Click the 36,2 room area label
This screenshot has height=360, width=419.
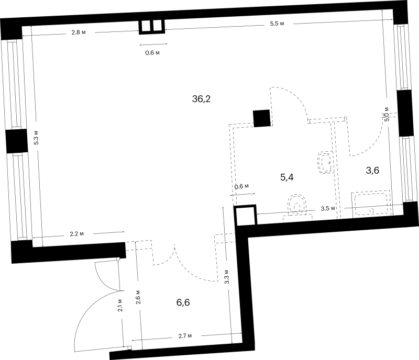(x=201, y=99)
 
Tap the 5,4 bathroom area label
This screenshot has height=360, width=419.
(x=286, y=177)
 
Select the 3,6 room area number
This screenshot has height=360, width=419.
(x=372, y=170)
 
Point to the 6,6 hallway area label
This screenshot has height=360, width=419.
(x=183, y=302)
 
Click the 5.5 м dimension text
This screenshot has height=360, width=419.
(x=277, y=24)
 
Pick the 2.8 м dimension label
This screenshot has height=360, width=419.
(x=78, y=32)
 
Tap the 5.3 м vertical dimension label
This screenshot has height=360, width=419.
(x=36, y=138)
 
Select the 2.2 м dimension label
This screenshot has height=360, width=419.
(x=76, y=234)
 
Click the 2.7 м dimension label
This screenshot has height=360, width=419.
(x=185, y=336)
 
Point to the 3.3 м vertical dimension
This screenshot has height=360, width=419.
(x=227, y=277)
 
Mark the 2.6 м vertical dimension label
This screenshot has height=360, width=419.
(x=138, y=297)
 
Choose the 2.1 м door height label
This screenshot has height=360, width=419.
(x=120, y=305)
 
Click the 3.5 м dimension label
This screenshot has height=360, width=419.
(x=328, y=208)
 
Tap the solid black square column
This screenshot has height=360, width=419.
(x=261, y=118)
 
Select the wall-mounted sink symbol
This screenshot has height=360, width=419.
(x=326, y=162)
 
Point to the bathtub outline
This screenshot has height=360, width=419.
(x=371, y=204)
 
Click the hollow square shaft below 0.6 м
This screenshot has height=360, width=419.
(x=245, y=215)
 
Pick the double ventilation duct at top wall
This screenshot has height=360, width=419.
(x=152, y=27)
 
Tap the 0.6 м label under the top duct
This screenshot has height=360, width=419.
(x=152, y=53)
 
